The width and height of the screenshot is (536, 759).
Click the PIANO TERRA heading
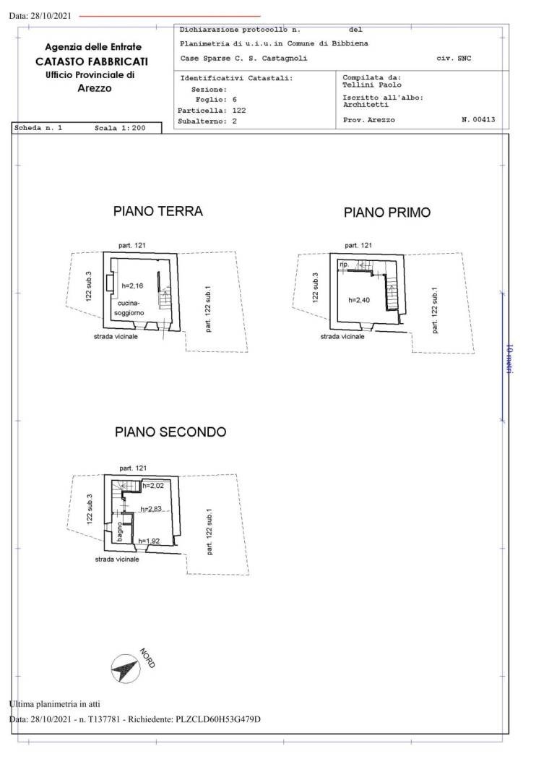coord(157,211)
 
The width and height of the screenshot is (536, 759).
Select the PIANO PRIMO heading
coord(387,213)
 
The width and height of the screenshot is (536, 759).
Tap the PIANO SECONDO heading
coord(170,432)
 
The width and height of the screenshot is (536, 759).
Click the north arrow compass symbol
coord(126,669)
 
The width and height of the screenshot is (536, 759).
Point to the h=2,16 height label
coord(132,286)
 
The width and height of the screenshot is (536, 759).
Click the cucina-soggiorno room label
coord(129,308)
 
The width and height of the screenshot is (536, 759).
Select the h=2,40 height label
coord(359,300)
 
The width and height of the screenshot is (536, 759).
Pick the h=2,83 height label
coord(151,509)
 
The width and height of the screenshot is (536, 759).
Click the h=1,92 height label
coord(149,541)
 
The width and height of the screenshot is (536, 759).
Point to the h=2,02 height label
coord(153,486)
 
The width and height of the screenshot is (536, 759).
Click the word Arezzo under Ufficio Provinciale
coord(95,88)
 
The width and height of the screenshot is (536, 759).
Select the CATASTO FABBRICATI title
coord(92,61)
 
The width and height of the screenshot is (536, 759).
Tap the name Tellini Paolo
coord(372,85)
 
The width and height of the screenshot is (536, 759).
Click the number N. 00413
coord(478,119)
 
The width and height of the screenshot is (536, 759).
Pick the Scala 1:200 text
coord(120,128)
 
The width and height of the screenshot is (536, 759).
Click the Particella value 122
coord(239,111)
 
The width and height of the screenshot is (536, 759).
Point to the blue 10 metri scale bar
coord(502,357)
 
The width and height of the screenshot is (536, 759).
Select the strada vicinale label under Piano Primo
coord(342,336)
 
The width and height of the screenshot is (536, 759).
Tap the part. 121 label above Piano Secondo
coord(133,468)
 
